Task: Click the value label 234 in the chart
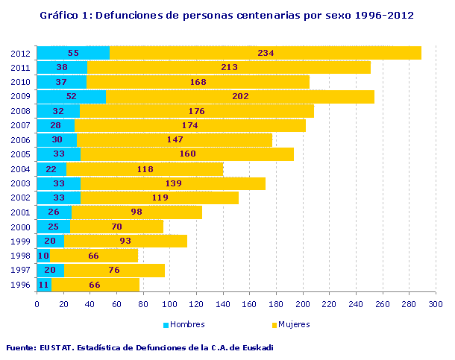(266, 53)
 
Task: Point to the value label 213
(230, 68)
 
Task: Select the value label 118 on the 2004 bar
(145, 169)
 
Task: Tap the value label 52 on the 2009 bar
(72, 96)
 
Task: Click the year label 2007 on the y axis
(20, 125)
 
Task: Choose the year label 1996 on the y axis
(20, 285)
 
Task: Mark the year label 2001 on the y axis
(20, 212)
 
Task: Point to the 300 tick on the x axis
(436, 304)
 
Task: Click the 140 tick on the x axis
(223, 304)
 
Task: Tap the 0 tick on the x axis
(37, 304)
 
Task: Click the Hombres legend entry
(183, 324)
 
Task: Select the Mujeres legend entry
(292, 324)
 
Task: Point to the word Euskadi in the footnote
(256, 347)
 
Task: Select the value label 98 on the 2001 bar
(136, 212)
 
